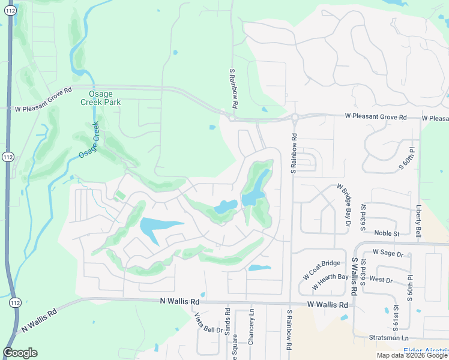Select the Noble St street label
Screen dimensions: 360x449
[387, 233]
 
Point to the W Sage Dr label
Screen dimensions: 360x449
[388, 253]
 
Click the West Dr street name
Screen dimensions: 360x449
[381, 280]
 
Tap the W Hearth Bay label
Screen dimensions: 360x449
[326, 278]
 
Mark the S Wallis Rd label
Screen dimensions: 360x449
[354, 275]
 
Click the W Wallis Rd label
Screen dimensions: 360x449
[327, 305]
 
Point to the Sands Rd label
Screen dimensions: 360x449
[228, 322]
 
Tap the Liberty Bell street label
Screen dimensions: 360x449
[419, 220]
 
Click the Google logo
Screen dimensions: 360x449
[20, 353]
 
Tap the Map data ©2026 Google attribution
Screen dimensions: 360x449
[412, 355]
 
